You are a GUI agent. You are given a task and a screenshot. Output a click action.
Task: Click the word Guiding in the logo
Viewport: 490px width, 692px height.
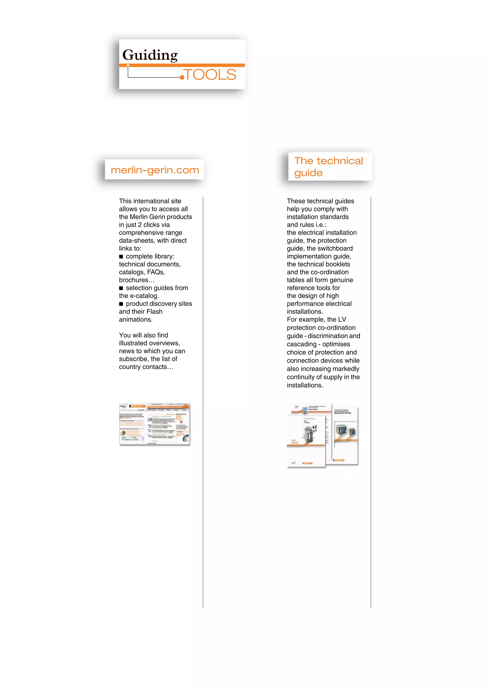[x=150, y=55]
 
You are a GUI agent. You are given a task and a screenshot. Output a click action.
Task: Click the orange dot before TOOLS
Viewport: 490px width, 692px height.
[x=182, y=77]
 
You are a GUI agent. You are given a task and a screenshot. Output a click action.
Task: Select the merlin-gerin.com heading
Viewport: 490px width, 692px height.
[x=155, y=170]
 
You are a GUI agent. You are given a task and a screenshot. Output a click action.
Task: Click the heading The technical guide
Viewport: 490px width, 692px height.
[x=328, y=166]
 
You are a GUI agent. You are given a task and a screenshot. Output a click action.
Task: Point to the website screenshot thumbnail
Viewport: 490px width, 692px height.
[x=155, y=424]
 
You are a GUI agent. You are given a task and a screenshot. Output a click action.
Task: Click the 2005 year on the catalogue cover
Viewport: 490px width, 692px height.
[x=295, y=443]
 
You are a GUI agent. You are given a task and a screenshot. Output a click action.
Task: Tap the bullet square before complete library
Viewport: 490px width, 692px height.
[x=121, y=257]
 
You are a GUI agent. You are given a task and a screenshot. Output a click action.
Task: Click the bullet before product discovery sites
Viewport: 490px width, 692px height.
[x=121, y=304]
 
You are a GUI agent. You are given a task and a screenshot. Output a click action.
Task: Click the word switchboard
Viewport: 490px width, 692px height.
[x=337, y=248]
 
